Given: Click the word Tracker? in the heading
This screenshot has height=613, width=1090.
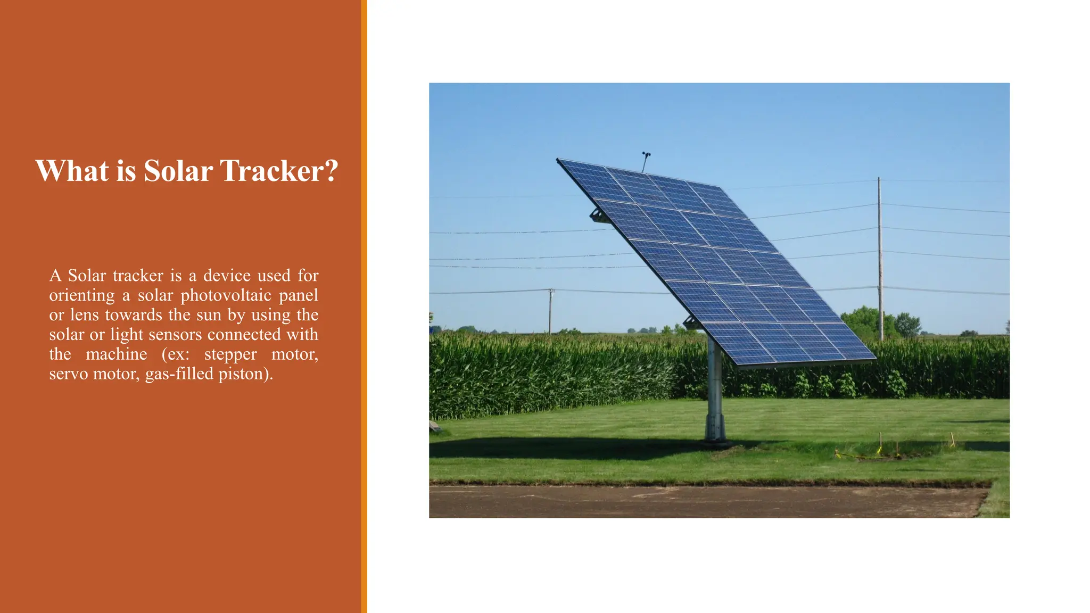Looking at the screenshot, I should [x=279, y=171].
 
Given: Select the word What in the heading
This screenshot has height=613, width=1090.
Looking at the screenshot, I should [x=72, y=171].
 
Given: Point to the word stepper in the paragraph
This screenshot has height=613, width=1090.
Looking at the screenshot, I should [x=230, y=354].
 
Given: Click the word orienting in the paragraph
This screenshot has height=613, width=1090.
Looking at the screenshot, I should [x=82, y=295].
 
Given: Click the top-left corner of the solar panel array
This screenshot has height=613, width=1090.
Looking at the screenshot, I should [x=559, y=160].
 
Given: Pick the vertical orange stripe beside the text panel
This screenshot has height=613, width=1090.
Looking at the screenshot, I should [x=364, y=306].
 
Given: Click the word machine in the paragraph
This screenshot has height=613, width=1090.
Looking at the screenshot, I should [x=117, y=354].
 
